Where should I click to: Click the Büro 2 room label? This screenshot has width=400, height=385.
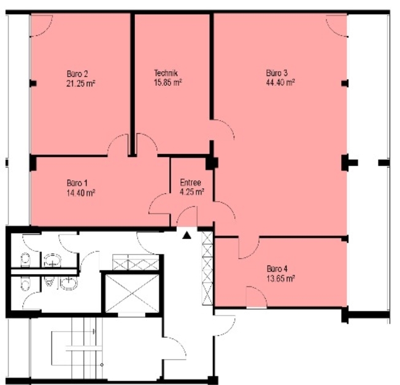pyautogui.click(x=77, y=74)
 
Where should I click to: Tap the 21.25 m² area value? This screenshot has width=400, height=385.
pyautogui.click(x=80, y=83)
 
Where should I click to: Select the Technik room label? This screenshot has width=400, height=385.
pyautogui.click(x=166, y=73)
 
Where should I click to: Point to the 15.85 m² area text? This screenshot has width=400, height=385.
pyautogui.click(x=168, y=83)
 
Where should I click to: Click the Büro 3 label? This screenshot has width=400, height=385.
pyautogui.click(x=277, y=73)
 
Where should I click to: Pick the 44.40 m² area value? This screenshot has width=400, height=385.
pyautogui.click(x=280, y=82)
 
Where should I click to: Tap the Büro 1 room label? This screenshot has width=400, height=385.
pyautogui.click(x=77, y=183)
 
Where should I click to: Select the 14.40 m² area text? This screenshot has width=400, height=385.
pyautogui.click(x=81, y=192)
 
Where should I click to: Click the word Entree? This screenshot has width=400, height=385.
pyautogui.click(x=190, y=183)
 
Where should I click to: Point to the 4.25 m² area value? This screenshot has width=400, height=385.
pyautogui.click(x=192, y=192)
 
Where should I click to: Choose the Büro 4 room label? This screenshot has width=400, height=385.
pyautogui.click(x=277, y=269)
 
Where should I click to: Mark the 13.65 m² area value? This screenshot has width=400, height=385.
pyautogui.click(x=281, y=278)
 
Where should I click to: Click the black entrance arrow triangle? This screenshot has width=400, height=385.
pyautogui.click(x=187, y=235)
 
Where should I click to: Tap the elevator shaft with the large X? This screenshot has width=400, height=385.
pyautogui.click(x=132, y=293)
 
